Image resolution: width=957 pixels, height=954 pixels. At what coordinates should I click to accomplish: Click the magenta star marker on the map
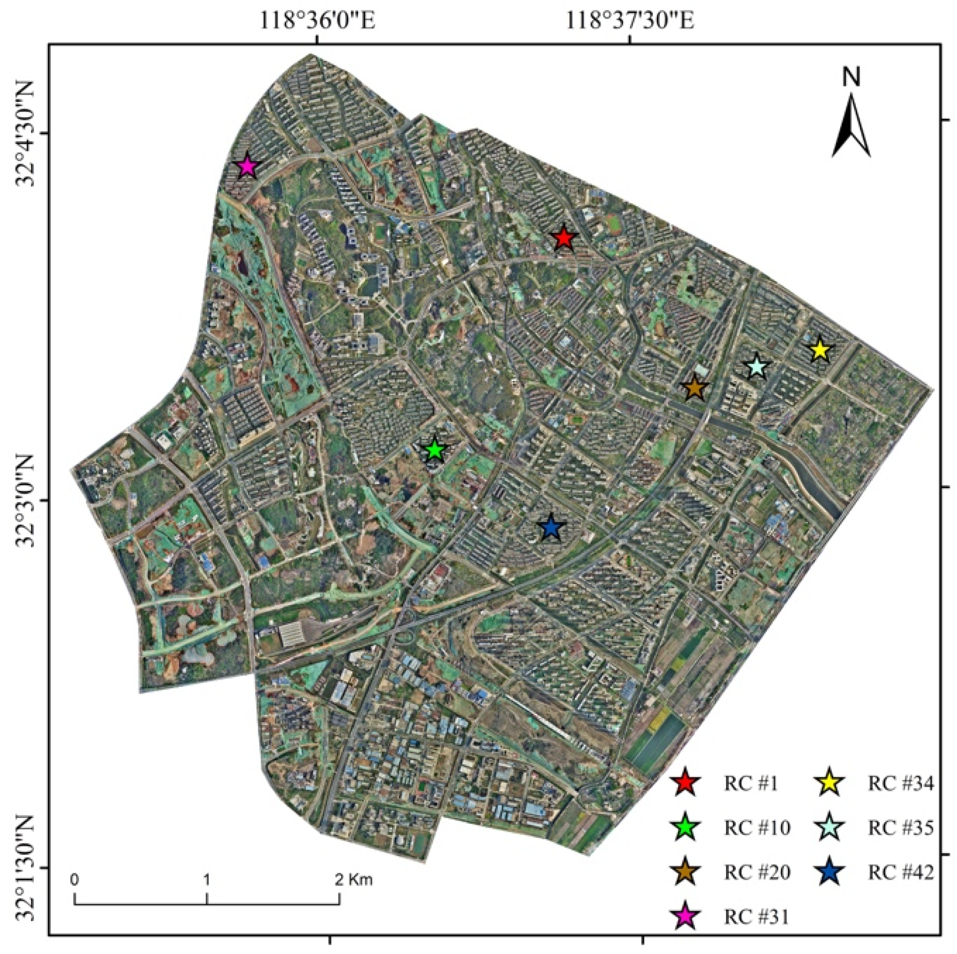pos(248,166)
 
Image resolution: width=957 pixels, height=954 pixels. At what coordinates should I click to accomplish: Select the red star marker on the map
pos(564,238)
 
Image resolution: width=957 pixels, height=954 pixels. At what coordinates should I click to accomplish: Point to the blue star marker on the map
pos(551,528)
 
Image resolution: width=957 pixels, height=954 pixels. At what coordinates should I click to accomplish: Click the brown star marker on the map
pos(695,388)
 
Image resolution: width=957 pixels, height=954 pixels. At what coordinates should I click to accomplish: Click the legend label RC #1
pos(750,784)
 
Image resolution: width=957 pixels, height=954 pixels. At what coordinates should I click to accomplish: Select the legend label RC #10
pos(757,828)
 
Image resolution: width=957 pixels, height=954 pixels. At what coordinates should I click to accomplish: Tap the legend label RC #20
pos(757,872)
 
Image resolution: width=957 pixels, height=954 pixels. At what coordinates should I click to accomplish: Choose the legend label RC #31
pos(757,917)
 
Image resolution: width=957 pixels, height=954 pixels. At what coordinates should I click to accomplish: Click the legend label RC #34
pos(901,784)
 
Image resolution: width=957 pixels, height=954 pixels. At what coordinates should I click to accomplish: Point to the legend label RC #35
pos(901,828)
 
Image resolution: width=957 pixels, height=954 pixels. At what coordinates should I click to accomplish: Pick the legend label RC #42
pos(901,872)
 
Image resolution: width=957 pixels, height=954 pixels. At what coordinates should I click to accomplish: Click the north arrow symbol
pos(851,124)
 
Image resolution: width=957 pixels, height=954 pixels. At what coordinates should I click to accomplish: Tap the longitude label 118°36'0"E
pos(317,21)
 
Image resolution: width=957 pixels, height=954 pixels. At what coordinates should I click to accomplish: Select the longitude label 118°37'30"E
pos(630,21)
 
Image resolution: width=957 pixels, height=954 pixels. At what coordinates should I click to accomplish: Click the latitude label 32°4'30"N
pos(26,133)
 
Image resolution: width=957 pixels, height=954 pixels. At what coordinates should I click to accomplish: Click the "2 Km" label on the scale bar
pos(353,880)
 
